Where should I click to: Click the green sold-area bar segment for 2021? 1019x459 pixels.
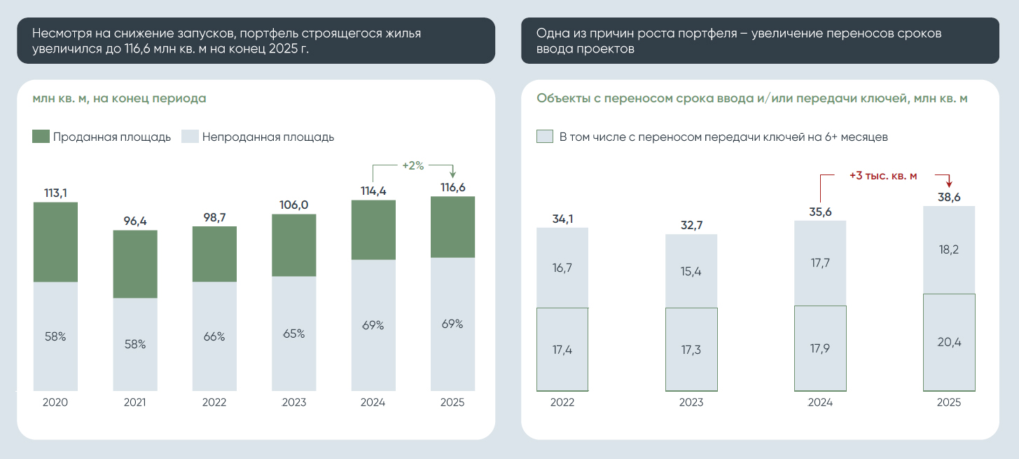tap(135, 264)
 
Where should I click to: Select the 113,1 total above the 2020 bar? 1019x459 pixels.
tap(55, 193)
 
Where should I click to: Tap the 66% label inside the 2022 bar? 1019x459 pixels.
tap(214, 336)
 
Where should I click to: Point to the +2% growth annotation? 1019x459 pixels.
tap(413, 165)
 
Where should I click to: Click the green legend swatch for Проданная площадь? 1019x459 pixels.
tap(41, 137)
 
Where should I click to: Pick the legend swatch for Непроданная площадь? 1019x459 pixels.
tap(190, 137)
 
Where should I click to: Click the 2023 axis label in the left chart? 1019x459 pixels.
tap(294, 403)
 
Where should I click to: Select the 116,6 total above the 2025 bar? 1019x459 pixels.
tap(452, 187)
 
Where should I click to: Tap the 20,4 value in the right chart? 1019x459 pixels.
tap(949, 342)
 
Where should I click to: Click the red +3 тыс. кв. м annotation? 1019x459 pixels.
tap(882, 176)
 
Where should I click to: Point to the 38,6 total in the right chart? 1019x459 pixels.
tap(949, 197)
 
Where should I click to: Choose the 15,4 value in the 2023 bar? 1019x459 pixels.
tap(691, 271)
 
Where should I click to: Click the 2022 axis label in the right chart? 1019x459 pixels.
tap(562, 403)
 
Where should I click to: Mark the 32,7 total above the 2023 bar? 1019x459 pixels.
tap(691, 225)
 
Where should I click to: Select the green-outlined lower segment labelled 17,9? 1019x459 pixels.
tap(820, 348)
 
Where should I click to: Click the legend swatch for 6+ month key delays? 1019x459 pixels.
tap(545, 137)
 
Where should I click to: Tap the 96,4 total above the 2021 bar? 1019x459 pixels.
tap(135, 221)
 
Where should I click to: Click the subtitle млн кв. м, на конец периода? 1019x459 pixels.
tap(119, 99)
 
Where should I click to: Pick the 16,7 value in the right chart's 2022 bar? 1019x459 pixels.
tap(562, 268)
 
